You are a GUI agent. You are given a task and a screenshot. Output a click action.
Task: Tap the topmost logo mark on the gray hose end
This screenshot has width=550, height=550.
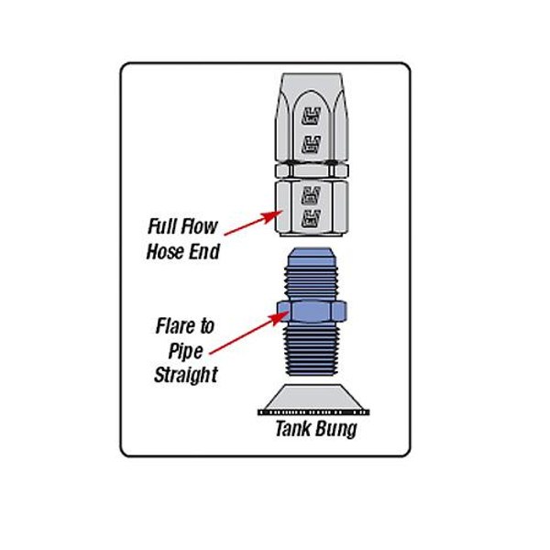tap(312, 115)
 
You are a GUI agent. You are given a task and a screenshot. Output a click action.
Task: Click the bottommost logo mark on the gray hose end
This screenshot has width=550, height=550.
tap(312, 218)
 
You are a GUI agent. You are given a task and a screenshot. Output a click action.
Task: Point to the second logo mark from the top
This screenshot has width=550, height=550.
tap(312, 141)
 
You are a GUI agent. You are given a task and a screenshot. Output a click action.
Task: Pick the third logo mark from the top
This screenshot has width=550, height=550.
tap(312, 192)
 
